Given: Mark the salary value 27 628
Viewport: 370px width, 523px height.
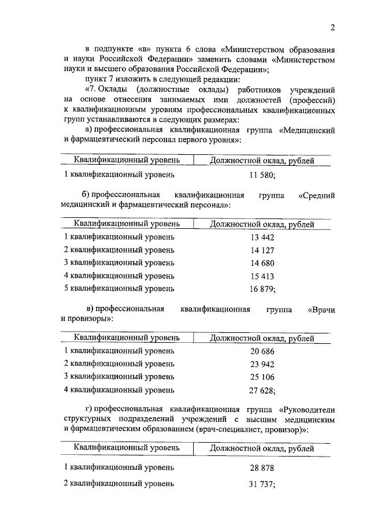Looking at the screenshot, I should point(261,390).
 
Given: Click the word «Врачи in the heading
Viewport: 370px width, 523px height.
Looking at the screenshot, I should point(322,309).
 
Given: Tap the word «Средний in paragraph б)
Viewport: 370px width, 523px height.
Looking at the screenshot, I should point(317,195).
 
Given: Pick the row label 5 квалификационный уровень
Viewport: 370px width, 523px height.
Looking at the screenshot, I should point(119,288).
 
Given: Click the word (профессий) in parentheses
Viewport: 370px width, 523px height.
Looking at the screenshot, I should point(313,99).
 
